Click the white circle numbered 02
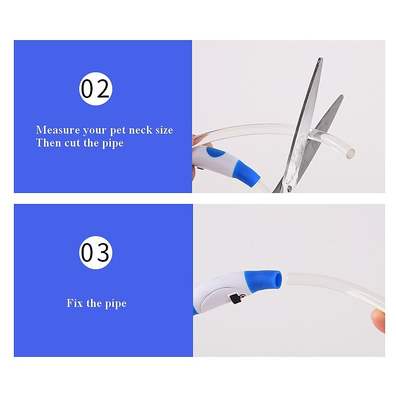tap(96, 89)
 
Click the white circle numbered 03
tap(96, 252)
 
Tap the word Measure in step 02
tap(58, 130)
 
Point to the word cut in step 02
tap(72, 143)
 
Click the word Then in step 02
tap(49, 143)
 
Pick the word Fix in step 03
tap(75, 303)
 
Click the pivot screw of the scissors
tap(290, 188)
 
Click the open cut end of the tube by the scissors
tap(351, 153)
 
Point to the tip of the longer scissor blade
tap(320, 58)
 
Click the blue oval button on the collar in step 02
tap(215, 153)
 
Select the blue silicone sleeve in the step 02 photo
tap(246, 173)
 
